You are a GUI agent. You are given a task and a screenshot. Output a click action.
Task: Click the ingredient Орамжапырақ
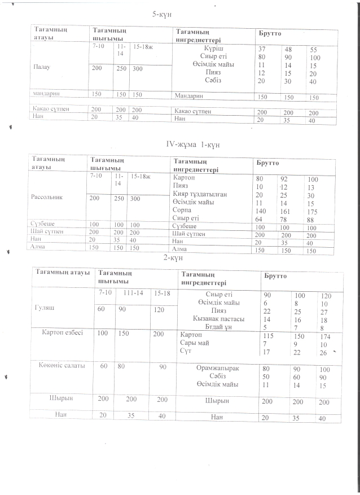[x=218, y=368]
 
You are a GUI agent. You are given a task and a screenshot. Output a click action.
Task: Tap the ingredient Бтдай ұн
[x=218, y=327]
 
